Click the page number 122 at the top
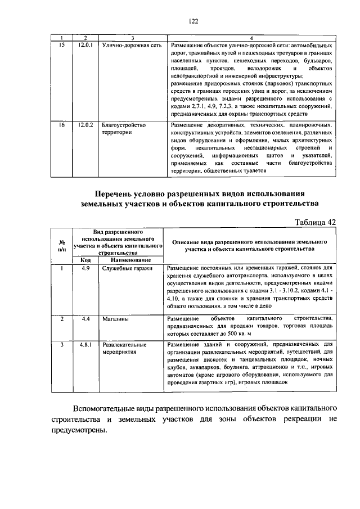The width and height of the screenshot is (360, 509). (x=194, y=21)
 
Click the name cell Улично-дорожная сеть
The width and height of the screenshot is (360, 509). (x=128, y=44)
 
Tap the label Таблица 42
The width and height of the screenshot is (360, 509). (x=315, y=222)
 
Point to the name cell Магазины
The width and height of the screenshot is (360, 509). (x=116, y=319)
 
